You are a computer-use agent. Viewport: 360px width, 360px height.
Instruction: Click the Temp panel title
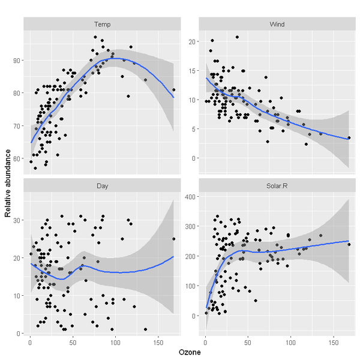tap(101, 24)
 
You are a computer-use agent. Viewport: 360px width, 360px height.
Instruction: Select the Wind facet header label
tap(277, 24)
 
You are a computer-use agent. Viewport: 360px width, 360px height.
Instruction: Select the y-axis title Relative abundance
tap(8, 180)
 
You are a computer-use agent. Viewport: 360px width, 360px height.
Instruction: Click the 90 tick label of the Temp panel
tap(16, 61)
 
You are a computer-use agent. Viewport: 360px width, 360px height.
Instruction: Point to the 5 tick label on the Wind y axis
tap(194, 128)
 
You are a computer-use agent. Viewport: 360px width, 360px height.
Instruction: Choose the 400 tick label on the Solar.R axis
tap(190, 197)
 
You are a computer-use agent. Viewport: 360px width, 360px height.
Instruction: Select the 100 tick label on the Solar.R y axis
tap(190, 286)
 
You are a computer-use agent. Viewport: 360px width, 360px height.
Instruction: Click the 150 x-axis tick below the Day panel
tap(158, 342)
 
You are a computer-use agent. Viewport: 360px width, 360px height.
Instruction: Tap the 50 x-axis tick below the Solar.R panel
tap(248, 342)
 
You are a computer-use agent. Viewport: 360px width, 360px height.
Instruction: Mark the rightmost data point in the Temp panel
tap(173, 89)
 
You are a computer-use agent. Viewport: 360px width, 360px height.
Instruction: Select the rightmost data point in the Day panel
tap(173, 239)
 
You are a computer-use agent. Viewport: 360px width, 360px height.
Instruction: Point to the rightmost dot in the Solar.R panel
tap(349, 244)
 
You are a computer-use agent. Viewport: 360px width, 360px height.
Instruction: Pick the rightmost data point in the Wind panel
tap(349, 137)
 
